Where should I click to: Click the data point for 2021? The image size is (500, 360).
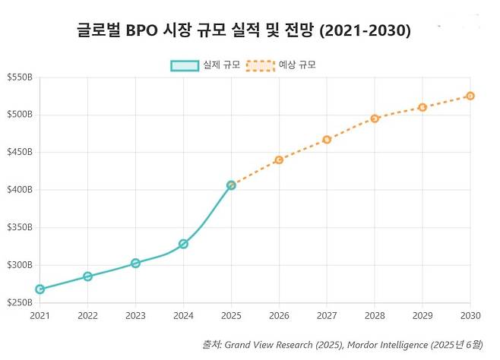(x=40, y=289)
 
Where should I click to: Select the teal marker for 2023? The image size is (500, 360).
(x=135, y=263)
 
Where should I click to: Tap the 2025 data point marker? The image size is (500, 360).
(x=231, y=185)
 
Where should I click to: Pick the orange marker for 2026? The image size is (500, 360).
(x=279, y=159)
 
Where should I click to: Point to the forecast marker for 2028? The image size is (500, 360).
(x=375, y=118)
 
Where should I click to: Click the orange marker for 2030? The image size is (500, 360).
(x=470, y=96)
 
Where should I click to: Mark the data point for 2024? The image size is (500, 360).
(x=183, y=244)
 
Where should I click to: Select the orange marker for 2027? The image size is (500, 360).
(x=327, y=139)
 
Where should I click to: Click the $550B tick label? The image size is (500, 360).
(x=19, y=77)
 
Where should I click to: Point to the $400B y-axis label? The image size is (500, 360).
(x=19, y=190)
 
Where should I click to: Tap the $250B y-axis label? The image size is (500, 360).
(x=19, y=302)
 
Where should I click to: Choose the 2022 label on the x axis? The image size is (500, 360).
(x=87, y=315)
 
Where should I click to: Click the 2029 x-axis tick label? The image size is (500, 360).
(x=422, y=315)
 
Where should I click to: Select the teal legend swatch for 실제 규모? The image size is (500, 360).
(x=185, y=65)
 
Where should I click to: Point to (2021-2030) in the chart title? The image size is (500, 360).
(x=365, y=30)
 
